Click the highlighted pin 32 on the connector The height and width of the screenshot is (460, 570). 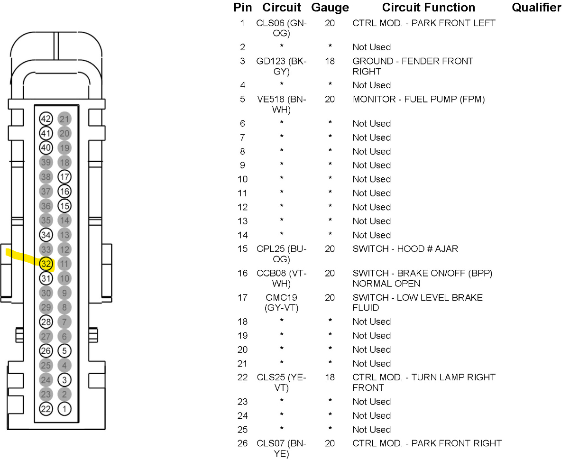tap(46, 264)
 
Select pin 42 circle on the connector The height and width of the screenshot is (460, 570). tap(46, 119)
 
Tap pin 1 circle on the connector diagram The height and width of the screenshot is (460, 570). tap(64, 409)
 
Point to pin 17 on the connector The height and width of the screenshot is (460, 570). tap(64, 177)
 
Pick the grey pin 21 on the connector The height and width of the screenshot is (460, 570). tap(64, 119)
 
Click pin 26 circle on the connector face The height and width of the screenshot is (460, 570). tap(46, 351)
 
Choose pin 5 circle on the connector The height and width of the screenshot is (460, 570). tap(64, 351)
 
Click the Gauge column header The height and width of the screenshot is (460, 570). tap(330, 8)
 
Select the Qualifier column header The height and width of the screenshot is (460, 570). tap(536, 8)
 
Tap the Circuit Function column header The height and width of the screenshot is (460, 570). tap(428, 8)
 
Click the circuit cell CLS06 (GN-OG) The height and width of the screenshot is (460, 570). tap(282, 28)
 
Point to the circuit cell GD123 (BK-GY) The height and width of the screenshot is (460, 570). tap(282, 66)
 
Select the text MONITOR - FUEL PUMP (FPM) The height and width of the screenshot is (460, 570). tap(419, 100)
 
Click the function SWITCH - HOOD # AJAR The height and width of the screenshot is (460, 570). tap(405, 249)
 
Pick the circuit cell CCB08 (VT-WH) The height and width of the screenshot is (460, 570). tap(282, 278)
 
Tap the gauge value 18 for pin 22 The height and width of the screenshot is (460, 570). tap(330, 377)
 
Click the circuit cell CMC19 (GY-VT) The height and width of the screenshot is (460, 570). tap(282, 303)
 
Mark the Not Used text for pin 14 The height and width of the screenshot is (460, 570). tap(371, 235)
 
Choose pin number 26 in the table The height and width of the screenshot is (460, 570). tap(242, 443)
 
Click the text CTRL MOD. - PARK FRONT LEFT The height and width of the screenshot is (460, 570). tap(424, 23)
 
